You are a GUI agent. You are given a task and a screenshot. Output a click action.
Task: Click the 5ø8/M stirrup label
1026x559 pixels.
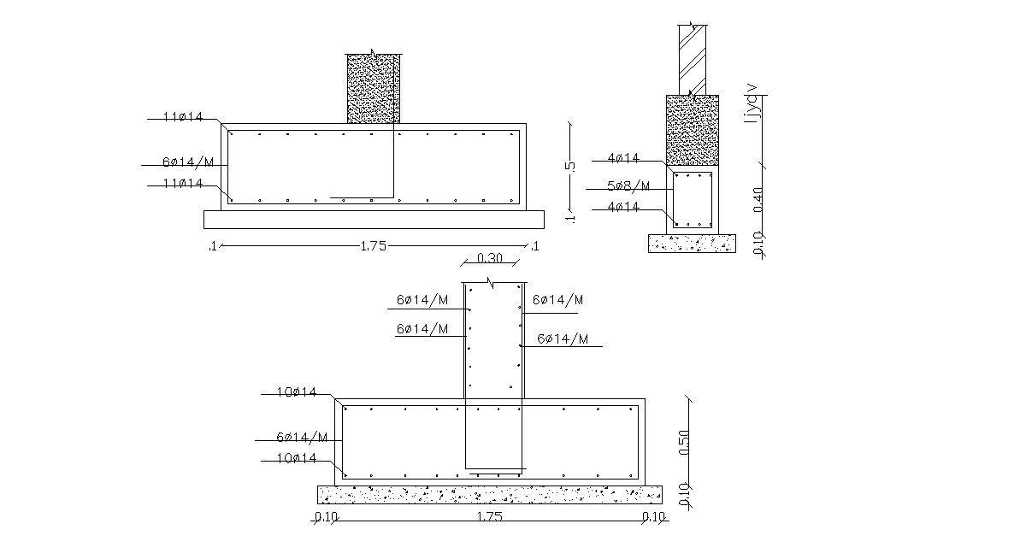[x=628, y=185]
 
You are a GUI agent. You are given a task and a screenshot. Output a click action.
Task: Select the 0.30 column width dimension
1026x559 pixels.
[x=490, y=257]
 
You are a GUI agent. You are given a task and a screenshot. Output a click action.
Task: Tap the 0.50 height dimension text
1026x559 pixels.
[x=684, y=442]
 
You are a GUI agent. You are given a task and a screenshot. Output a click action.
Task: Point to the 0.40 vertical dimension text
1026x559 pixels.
[x=758, y=199]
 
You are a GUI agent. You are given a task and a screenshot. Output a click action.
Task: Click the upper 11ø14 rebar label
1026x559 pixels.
[x=183, y=116]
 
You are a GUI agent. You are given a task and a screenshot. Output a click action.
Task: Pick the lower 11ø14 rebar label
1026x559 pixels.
[x=183, y=183]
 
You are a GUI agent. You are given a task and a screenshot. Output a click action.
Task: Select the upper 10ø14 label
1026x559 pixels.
[x=296, y=391]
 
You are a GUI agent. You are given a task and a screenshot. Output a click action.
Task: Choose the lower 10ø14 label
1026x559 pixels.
[x=296, y=457]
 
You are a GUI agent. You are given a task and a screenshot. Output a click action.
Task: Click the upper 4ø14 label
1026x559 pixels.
[x=623, y=157]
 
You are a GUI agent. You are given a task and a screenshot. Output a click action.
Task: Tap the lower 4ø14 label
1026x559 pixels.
[x=623, y=206]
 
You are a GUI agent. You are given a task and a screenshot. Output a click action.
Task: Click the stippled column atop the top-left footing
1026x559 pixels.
[x=374, y=88]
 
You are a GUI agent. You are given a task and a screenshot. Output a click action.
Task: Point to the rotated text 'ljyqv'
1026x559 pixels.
[x=752, y=103]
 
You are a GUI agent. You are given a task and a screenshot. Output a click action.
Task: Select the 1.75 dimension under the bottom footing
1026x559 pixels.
[x=489, y=516]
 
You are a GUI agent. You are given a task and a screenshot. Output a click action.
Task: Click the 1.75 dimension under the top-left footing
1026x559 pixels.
[x=373, y=246]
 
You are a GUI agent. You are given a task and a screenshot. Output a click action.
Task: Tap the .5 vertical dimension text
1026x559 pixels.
[x=571, y=165]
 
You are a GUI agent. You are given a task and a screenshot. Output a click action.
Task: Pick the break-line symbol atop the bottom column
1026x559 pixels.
[x=492, y=281]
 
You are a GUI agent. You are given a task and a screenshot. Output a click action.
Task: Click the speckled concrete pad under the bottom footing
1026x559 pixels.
[x=489, y=494]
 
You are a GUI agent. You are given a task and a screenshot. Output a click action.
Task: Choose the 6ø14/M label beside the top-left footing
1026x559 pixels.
[x=188, y=162]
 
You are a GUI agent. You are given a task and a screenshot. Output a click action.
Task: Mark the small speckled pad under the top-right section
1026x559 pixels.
[x=692, y=244]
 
